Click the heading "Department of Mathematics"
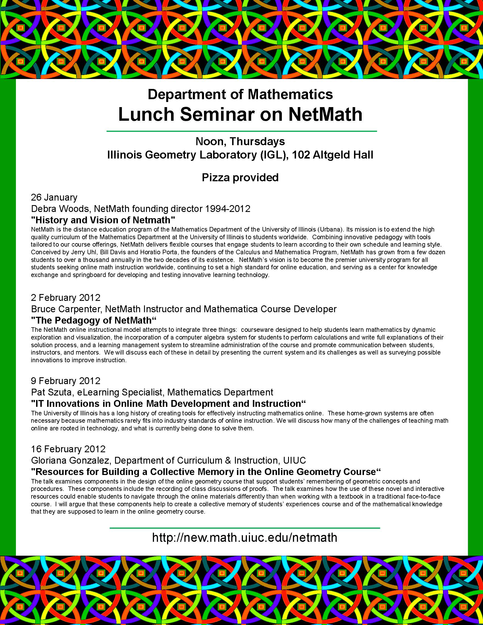coord(240,94)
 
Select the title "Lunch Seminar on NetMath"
coord(240,114)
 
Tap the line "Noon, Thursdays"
coord(240,141)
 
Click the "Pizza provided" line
coord(240,178)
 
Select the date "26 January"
coord(54,197)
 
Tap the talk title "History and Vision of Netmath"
coord(103,220)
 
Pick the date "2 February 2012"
coord(66,298)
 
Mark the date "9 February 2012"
coord(66,381)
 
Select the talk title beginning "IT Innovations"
coord(168,403)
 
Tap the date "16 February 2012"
coord(68,449)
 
